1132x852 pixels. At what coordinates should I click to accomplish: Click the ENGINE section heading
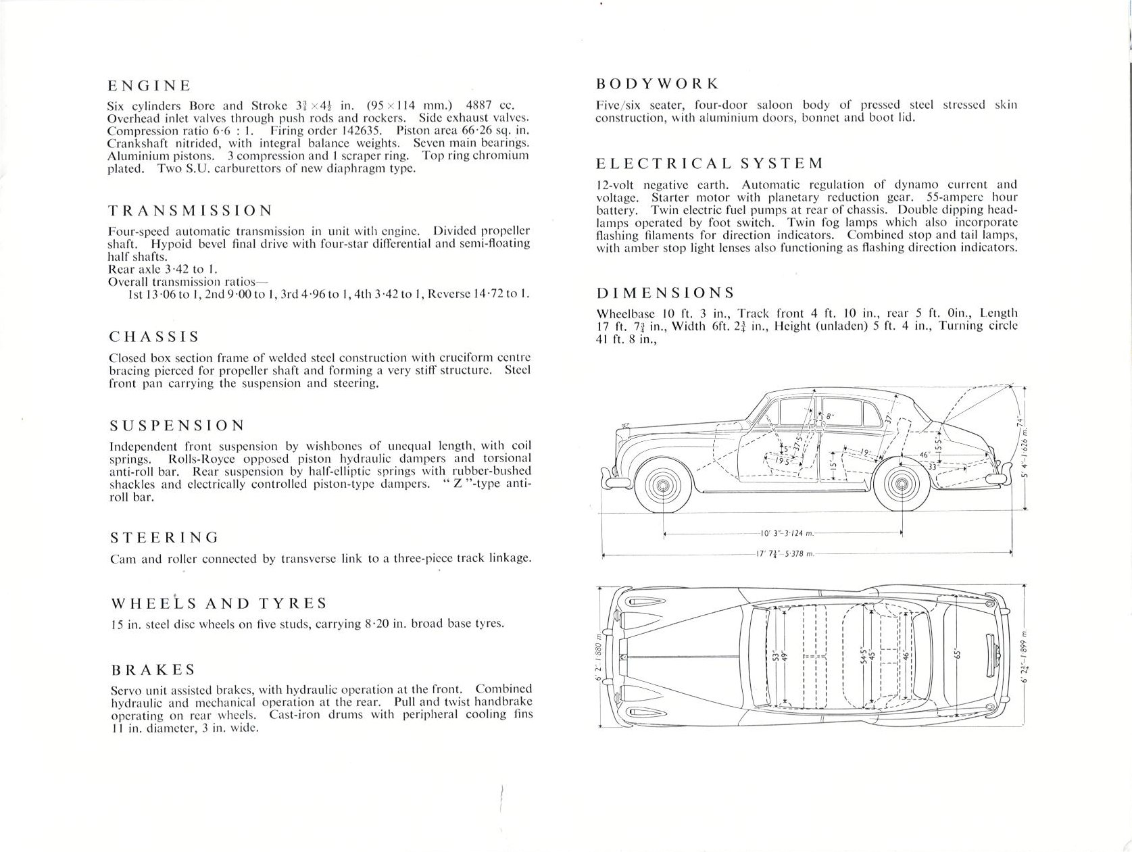[149, 86]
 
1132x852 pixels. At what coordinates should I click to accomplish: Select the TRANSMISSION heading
[191, 210]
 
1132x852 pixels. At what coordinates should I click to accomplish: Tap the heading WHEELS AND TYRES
[219, 603]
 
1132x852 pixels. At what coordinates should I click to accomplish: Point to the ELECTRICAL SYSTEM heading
[710, 164]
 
